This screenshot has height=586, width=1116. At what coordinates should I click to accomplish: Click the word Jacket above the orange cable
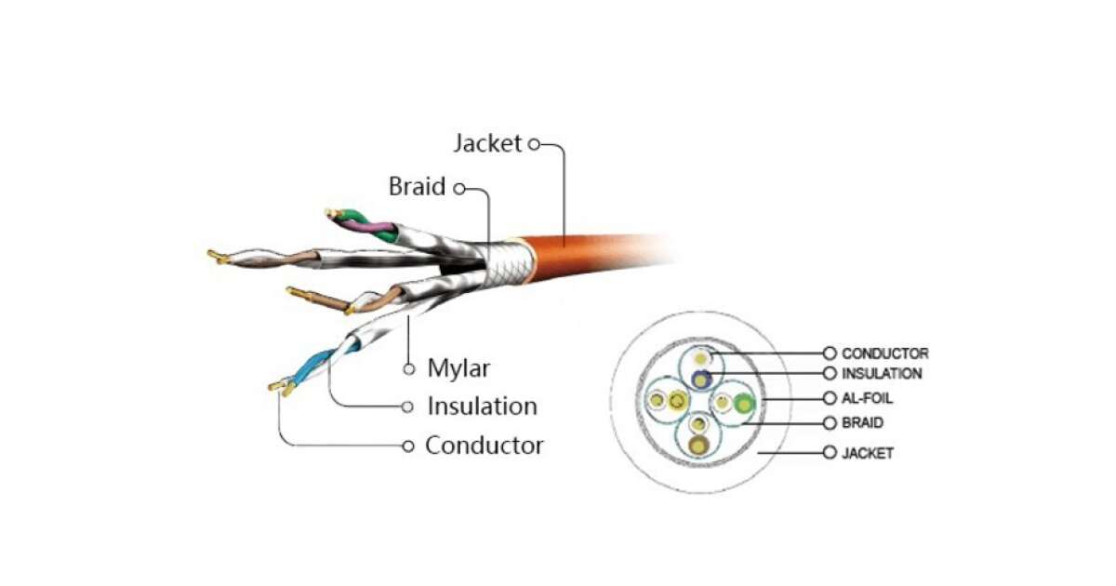pos(487,144)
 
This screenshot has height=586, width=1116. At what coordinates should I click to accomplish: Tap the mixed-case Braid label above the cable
pos(417,187)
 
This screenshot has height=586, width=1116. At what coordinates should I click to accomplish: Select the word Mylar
pos(458,368)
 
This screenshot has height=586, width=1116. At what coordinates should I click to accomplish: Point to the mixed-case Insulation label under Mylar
pos(482,406)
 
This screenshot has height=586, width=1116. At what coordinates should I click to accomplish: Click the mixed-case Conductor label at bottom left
pos(485,446)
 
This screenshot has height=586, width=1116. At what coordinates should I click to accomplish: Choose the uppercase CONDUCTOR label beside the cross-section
pos(884,353)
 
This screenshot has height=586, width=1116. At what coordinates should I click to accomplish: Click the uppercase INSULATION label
pos(882,374)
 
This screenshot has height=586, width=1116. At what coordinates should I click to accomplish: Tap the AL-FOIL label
pos(868,398)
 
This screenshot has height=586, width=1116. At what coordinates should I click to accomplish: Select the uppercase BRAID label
pos(862,423)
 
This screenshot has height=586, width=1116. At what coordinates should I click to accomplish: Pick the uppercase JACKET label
pos(867,453)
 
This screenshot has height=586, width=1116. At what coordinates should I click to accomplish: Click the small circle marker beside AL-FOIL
pos(830,398)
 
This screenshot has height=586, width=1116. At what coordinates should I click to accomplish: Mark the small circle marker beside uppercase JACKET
pos(830,453)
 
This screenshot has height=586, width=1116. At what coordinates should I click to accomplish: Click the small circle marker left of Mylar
pos(408,369)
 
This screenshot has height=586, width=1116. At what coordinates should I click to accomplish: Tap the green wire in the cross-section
pos(743,404)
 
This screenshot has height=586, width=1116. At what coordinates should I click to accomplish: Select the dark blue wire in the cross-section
pos(701,379)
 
